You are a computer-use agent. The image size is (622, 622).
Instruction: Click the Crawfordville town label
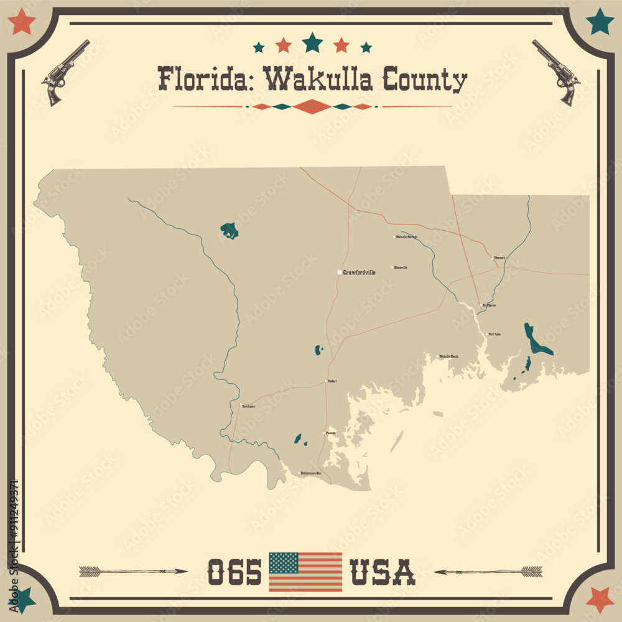[359, 272]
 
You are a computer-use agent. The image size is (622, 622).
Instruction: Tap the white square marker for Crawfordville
[339, 272]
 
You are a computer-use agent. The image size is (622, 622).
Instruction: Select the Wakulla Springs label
[406, 237]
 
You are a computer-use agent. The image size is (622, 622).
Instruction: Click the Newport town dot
[492, 258]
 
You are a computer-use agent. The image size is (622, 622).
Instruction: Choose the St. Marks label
[490, 305]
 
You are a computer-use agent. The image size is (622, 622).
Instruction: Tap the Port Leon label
[495, 335]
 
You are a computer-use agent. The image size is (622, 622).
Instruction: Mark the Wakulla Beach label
[448, 356]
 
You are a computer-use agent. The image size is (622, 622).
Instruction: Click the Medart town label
[332, 381]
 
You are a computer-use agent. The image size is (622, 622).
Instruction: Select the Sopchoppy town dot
[241, 406]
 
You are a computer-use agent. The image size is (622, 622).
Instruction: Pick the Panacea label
[331, 433]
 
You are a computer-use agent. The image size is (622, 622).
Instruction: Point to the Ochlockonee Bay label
[311, 474]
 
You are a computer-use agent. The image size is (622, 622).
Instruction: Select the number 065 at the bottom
[234, 572]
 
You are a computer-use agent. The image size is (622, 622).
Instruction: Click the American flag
[305, 572]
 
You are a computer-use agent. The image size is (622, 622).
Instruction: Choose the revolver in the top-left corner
[65, 72]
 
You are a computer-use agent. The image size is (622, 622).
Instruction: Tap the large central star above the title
[312, 43]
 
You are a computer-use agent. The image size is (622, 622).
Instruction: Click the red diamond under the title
[312, 107]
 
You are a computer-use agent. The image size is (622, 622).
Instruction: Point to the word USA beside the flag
[383, 572]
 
